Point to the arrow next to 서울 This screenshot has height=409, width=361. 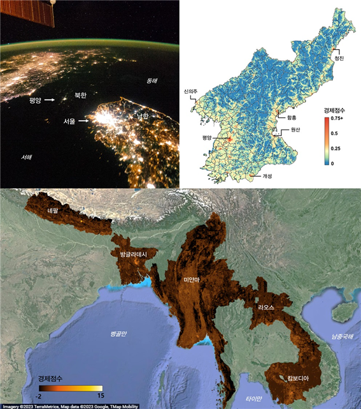click(84, 121)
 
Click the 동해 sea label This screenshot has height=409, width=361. click(152, 81)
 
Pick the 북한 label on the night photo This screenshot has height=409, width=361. click(80, 94)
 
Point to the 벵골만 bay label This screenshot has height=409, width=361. click(119, 334)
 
